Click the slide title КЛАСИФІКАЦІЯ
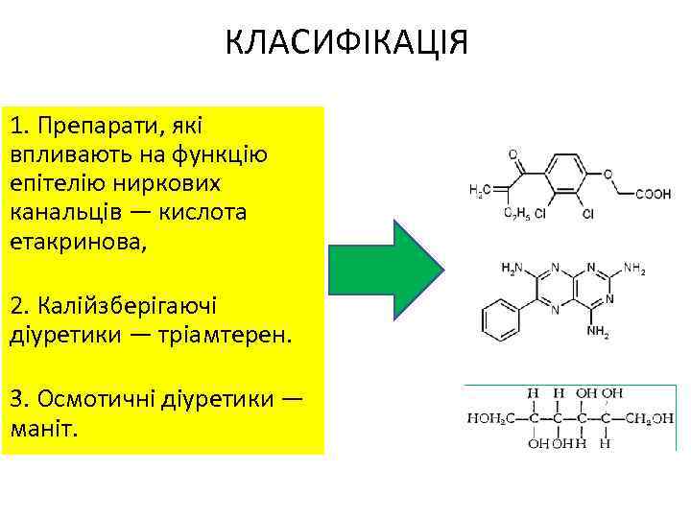[346, 43]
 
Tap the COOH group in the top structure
[653, 194]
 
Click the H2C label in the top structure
[479, 191]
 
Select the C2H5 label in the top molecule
[516, 215]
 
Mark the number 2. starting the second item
[19, 307]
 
